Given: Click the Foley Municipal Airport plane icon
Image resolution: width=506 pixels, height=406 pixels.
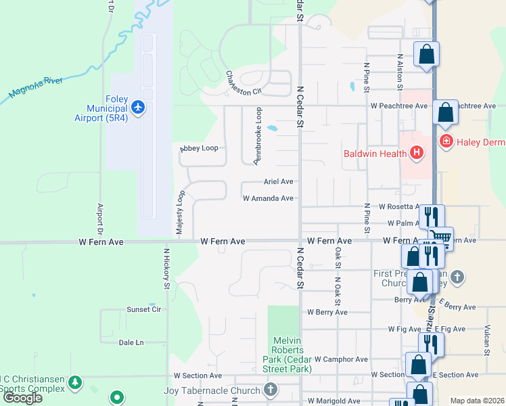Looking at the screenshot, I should [x=139, y=107].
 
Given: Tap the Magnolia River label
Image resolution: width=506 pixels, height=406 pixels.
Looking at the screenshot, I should [x=36, y=89].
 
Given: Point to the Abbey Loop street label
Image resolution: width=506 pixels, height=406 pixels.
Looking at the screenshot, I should [x=199, y=148].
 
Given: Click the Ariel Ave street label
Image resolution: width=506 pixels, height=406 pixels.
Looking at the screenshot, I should [x=278, y=181].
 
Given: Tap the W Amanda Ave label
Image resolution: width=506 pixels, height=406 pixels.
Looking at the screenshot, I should [x=268, y=198].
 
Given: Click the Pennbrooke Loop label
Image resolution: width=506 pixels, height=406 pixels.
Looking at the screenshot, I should [x=258, y=135].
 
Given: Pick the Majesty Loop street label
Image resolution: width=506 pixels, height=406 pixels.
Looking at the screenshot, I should [x=180, y=213].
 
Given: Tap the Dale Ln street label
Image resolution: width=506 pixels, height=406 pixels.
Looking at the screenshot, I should [x=131, y=342].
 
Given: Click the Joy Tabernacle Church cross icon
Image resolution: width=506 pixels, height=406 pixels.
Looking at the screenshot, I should [x=271, y=390].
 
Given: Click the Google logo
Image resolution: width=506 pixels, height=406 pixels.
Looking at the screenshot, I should [x=23, y=398].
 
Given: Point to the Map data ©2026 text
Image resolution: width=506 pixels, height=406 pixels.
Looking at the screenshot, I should [x=478, y=401].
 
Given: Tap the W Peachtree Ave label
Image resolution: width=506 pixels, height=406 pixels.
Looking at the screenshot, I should [x=399, y=106].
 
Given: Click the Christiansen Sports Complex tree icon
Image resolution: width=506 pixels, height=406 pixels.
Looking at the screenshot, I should [x=75, y=384].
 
